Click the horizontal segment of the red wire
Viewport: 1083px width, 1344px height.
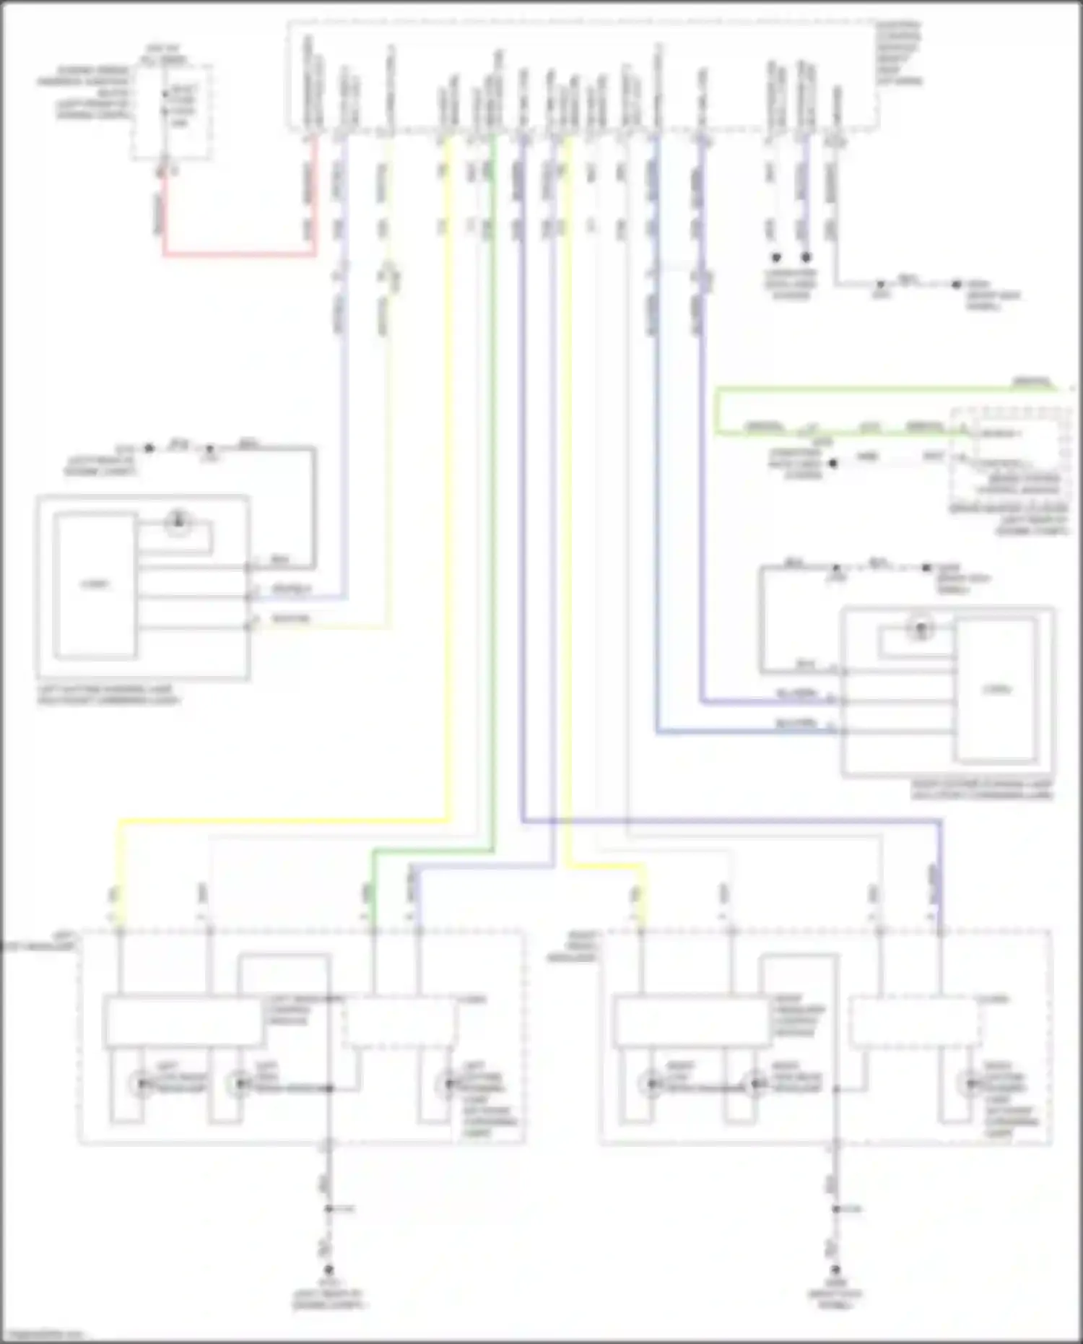[238, 254]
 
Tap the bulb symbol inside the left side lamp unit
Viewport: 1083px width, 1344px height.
[178, 521]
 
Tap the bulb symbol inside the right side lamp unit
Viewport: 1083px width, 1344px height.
[921, 628]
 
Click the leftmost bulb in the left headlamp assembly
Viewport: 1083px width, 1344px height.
[141, 1084]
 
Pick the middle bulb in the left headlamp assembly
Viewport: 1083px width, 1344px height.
[238, 1084]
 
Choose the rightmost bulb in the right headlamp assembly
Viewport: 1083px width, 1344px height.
[968, 1084]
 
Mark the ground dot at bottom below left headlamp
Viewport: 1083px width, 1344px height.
[329, 1269]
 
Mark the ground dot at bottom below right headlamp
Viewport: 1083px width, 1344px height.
[835, 1269]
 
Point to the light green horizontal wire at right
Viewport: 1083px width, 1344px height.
[866, 390]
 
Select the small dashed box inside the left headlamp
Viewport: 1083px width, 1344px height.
[399, 1022]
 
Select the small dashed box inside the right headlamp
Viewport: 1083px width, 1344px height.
[914, 1022]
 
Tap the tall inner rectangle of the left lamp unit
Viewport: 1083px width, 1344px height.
[95, 586]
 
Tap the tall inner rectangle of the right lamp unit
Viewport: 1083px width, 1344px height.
[996, 690]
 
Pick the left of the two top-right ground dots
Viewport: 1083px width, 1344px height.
[776, 258]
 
